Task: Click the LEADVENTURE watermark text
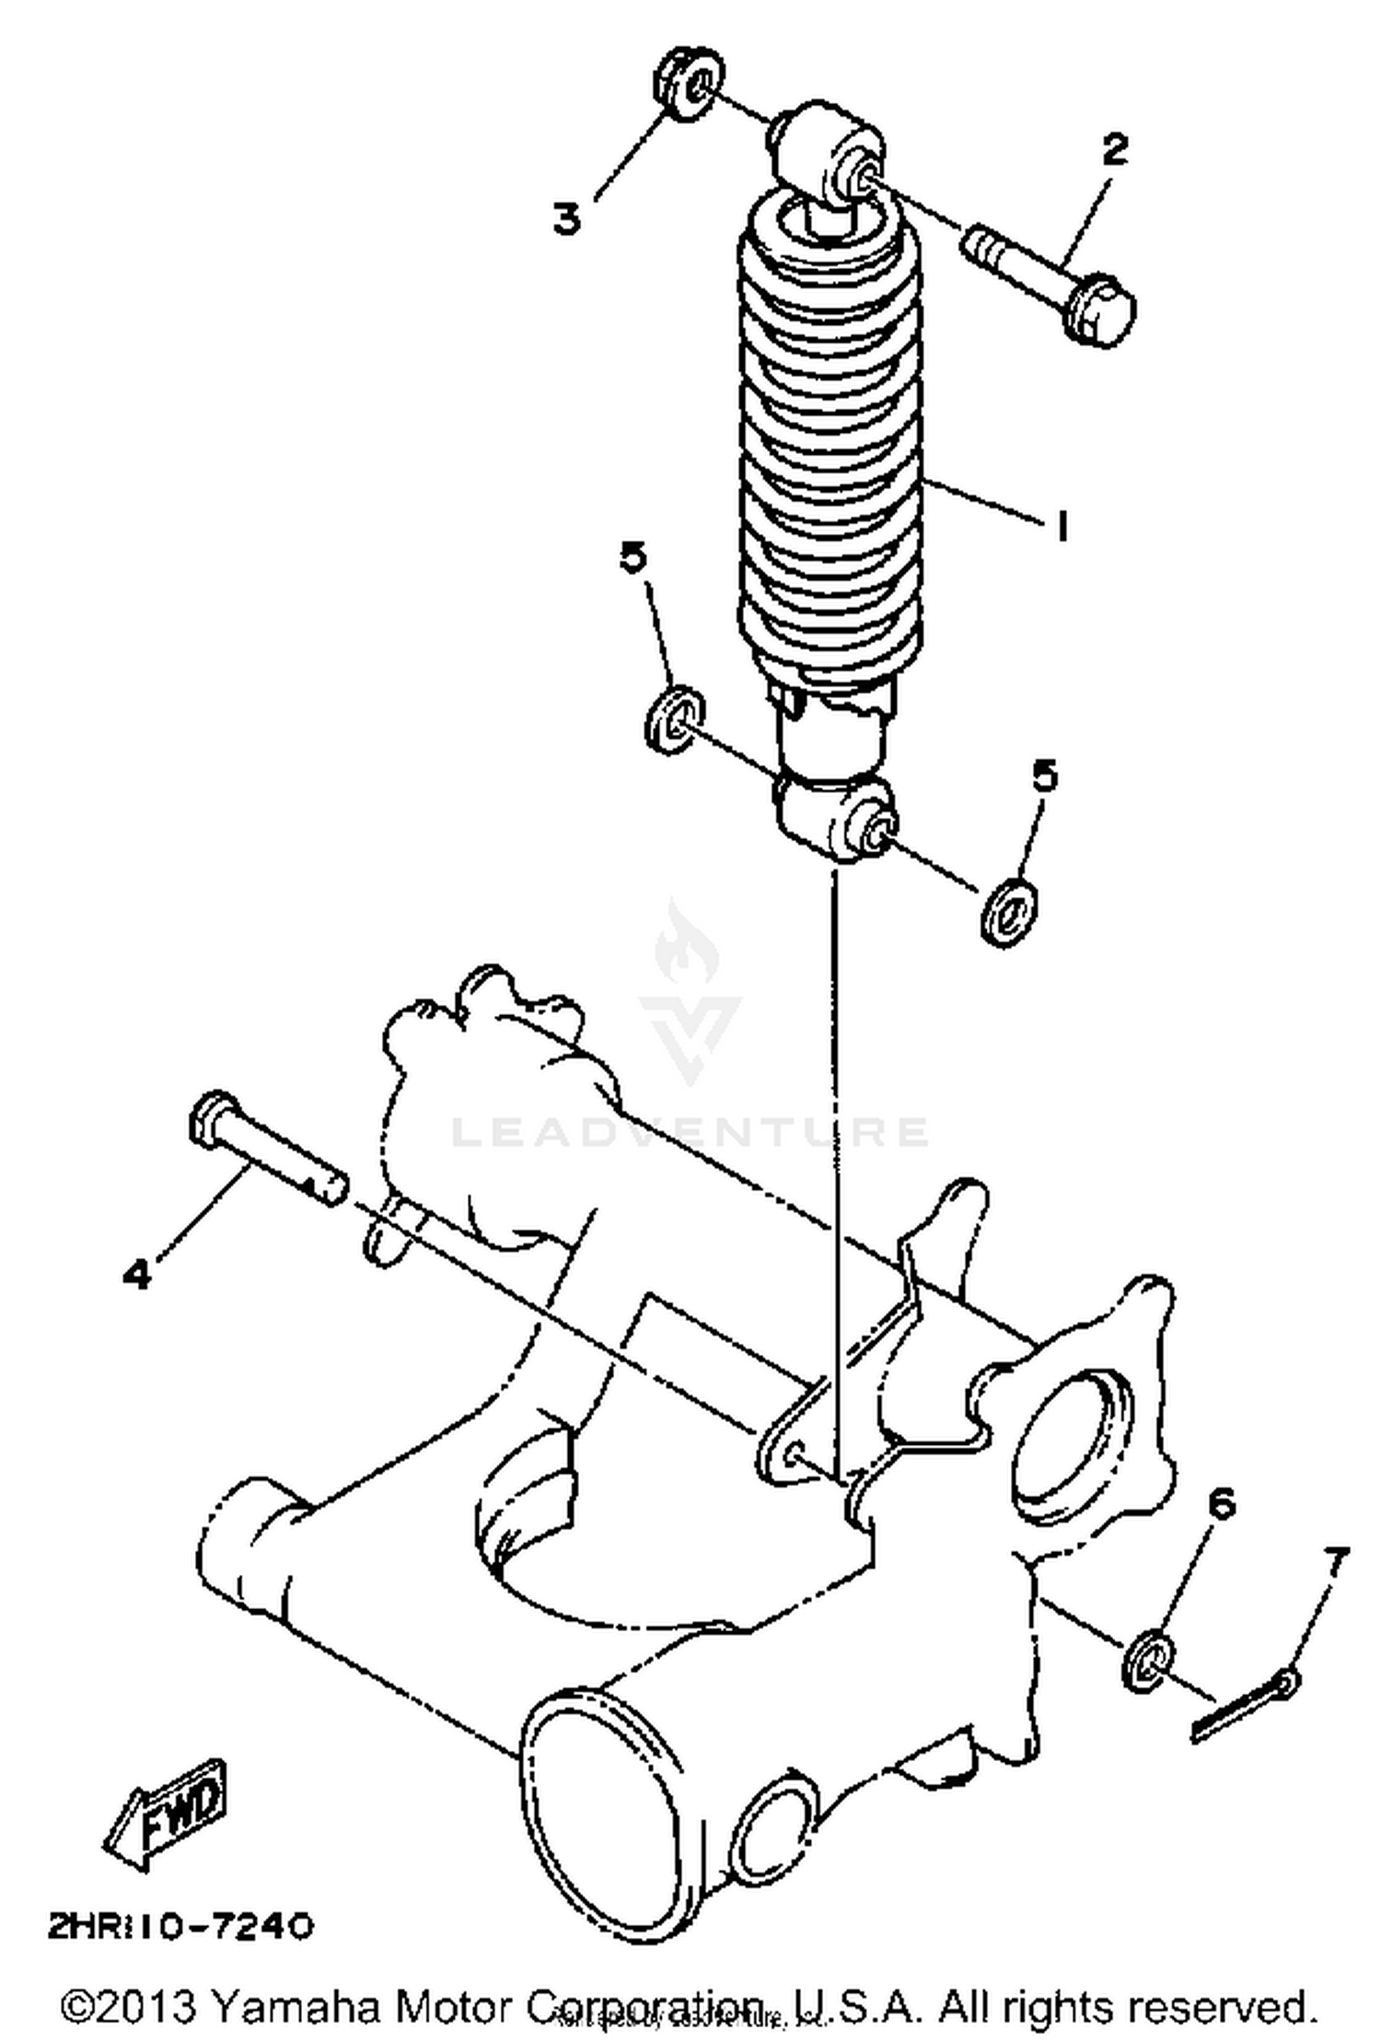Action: coord(690,1131)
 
